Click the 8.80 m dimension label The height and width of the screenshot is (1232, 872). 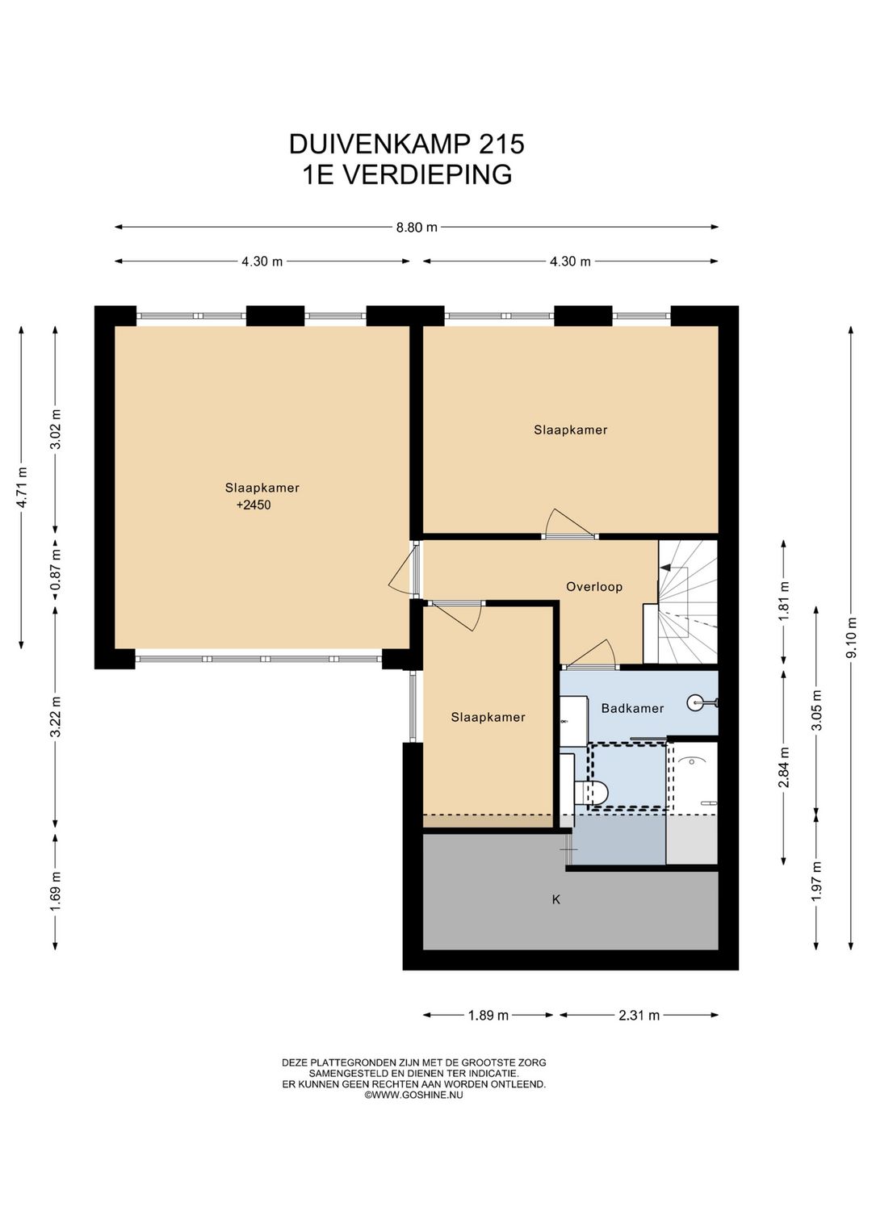(x=417, y=227)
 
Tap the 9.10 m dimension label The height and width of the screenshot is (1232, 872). (x=852, y=638)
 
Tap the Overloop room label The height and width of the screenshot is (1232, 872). (x=594, y=587)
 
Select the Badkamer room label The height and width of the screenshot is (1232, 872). (x=632, y=708)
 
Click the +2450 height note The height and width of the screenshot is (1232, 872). (x=254, y=505)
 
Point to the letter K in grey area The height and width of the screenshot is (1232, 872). (x=556, y=900)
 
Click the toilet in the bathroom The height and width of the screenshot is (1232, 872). (x=590, y=793)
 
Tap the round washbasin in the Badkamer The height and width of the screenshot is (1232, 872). (x=697, y=702)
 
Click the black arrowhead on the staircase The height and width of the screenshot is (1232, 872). (x=665, y=567)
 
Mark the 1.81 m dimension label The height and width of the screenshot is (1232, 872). (x=784, y=601)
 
